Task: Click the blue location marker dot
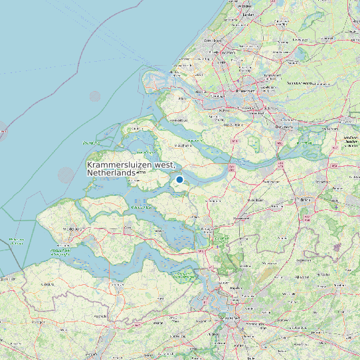tap(179, 179)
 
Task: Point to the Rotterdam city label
tap(244, 90)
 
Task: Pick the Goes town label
tap(126, 226)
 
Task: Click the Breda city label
tap(306, 199)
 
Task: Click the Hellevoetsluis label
tap(178, 120)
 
